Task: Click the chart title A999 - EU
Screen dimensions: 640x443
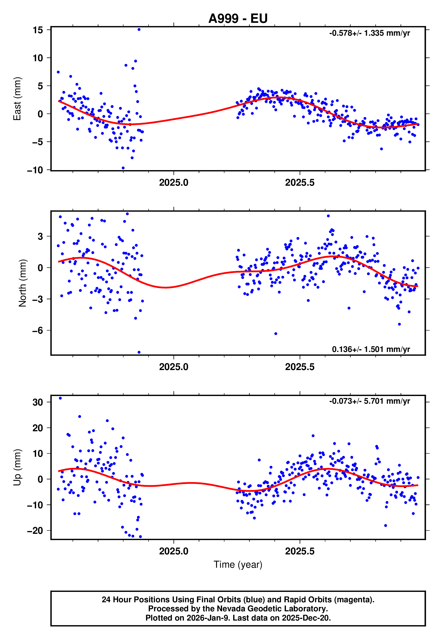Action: click(238, 19)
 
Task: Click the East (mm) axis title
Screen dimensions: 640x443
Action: click(17, 99)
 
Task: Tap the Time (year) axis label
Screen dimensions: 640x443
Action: click(238, 565)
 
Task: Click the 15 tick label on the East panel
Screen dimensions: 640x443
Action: click(38, 30)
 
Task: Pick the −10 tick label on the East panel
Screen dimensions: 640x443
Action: click(35, 170)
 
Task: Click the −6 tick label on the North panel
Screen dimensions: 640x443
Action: click(37, 331)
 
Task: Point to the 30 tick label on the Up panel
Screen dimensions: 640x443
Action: click(38, 402)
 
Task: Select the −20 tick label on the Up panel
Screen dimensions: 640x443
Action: click(35, 531)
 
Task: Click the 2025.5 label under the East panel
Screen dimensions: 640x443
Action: click(300, 183)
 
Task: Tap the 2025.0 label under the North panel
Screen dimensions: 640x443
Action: click(174, 367)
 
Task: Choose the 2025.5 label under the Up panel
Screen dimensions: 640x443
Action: click(300, 551)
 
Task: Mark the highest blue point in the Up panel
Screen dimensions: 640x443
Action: click(60, 398)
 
